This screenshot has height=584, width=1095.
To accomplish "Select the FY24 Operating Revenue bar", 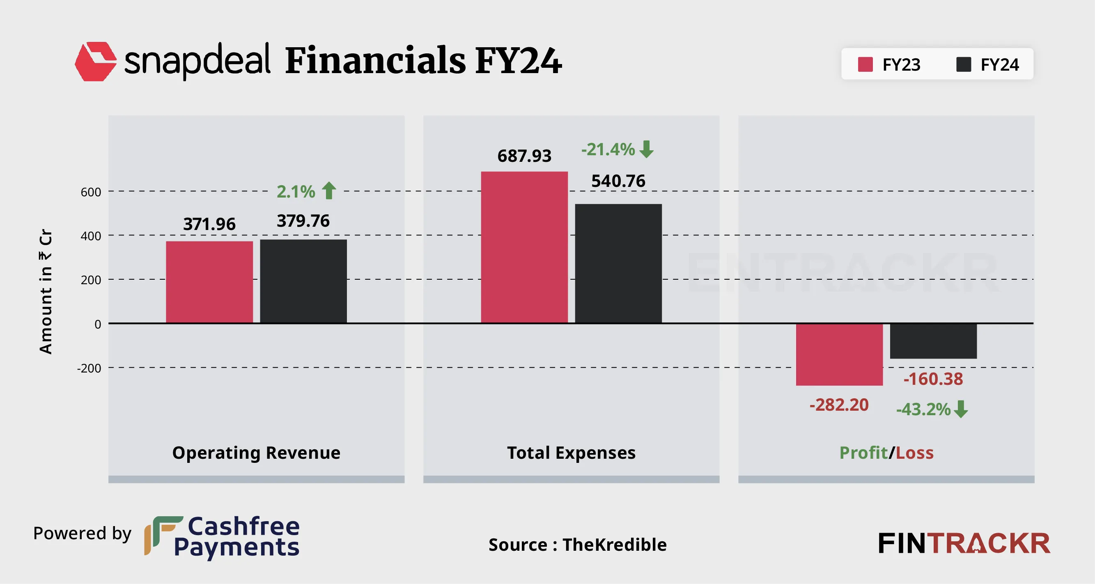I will click(303, 281).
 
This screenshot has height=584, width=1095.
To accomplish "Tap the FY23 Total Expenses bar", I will click(524, 247).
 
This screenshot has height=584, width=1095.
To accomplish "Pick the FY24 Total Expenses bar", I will click(618, 263).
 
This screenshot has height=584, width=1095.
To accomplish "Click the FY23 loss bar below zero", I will click(839, 354).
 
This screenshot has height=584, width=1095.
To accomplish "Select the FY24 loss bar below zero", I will click(933, 341).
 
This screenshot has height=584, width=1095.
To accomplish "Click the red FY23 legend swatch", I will click(865, 64).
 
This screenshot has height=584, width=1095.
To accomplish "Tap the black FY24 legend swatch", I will click(963, 64).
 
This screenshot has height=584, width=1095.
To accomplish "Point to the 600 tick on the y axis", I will click(91, 192).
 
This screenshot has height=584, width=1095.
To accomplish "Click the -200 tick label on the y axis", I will click(89, 368).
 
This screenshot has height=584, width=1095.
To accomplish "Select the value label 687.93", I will click(524, 156).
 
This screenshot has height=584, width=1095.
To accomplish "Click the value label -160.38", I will click(933, 379).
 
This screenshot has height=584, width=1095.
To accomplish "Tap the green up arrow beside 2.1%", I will click(329, 191).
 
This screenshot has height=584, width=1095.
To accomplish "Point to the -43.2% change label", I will click(923, 409).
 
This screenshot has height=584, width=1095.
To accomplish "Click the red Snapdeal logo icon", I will click(96, 61).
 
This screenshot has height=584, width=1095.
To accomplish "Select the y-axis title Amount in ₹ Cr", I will click(46, 291).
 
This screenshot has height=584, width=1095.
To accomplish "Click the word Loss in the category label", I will click(914, 453).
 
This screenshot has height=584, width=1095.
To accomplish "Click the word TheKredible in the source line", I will click(614, 545).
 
